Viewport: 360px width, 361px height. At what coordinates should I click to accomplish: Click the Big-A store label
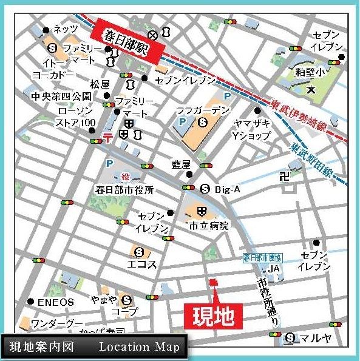[x=228, y=189]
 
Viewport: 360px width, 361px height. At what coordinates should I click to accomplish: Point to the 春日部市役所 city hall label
[x=124, y=189]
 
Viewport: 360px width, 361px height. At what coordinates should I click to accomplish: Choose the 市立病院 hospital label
[x=207, y=226]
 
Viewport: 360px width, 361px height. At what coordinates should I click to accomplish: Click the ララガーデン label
[x=203, y=110]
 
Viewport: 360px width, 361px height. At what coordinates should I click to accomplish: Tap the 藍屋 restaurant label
[x=181, y=164]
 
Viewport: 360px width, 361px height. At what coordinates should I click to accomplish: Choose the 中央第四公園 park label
[x=61, y=96]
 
